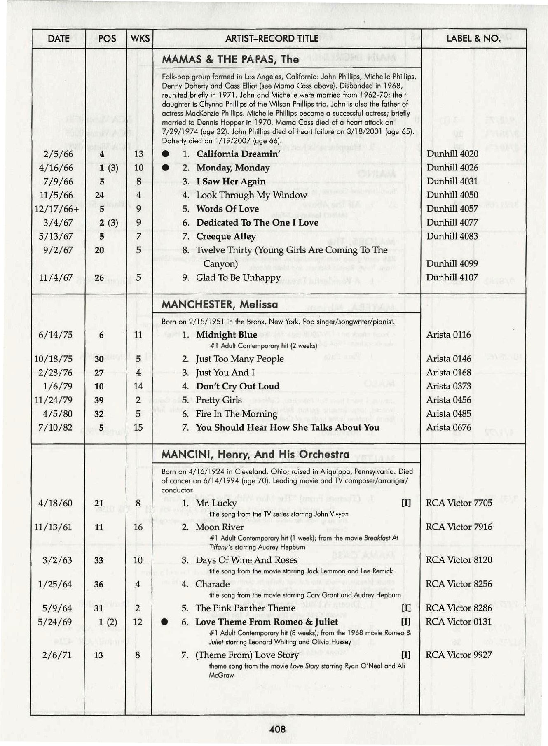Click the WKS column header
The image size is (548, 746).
point(140,39)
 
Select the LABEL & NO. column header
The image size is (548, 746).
point(473,39)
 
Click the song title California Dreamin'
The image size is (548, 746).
point(238,154)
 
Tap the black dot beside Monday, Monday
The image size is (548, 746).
point(166,168)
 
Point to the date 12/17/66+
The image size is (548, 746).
point(56,209)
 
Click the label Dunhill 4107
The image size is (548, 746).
point(452,277)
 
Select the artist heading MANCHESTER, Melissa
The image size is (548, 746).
point(220,305)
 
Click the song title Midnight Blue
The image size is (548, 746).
point(227,335)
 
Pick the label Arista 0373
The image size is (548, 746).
point(448,386)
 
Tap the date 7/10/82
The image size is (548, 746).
point(55,427)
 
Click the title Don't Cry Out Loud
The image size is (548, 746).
point(238,386)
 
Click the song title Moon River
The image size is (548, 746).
point(219,527)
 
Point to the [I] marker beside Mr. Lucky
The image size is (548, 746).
point(406,503)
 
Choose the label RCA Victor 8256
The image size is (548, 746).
point(459,584)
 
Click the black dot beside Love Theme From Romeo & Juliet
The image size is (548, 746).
point(165,622)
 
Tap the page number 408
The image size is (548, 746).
point(277,730)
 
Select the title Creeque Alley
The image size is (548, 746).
point(226,236)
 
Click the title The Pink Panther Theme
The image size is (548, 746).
point(245,608)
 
